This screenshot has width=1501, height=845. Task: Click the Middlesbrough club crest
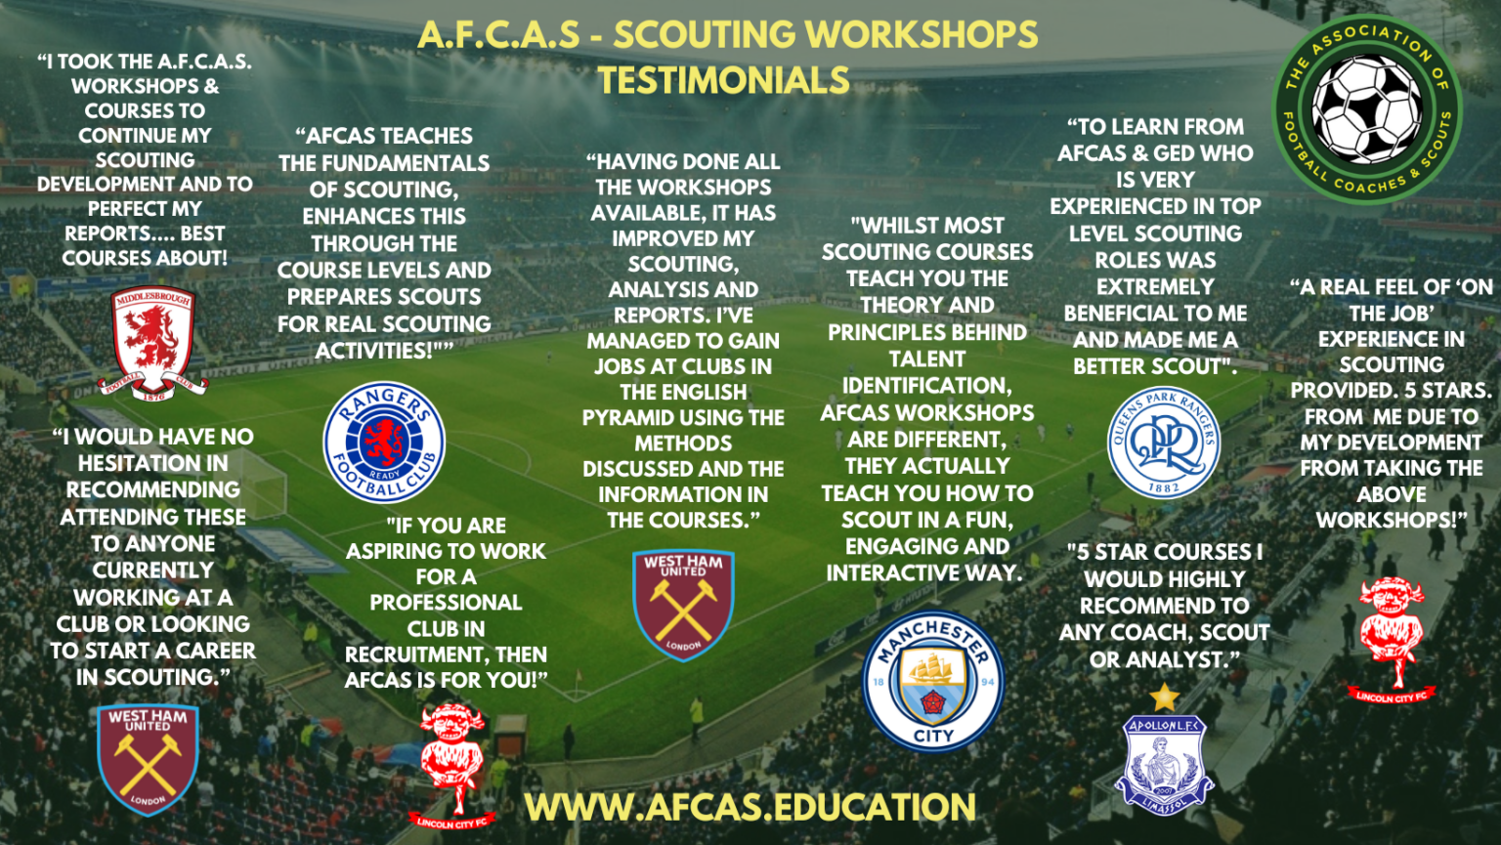[x=152, y=341]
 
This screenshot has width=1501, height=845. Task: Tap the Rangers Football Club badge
[x=384, y=443]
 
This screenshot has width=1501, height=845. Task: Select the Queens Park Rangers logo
[x=1164, y=443]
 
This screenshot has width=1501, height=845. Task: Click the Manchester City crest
[x=933, y=682]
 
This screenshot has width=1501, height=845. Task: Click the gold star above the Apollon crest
[x=1164, y=697]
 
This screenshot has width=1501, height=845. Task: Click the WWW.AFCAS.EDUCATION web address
[x=750, y=807]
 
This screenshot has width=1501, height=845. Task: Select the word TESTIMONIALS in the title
[x=723, y=80]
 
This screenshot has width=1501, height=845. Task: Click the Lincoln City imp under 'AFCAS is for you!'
[x=450, y=762]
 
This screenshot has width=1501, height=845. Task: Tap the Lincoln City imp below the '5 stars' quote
[x=1392, y=635]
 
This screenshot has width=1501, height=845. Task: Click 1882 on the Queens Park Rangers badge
[x=1163, y=486]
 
